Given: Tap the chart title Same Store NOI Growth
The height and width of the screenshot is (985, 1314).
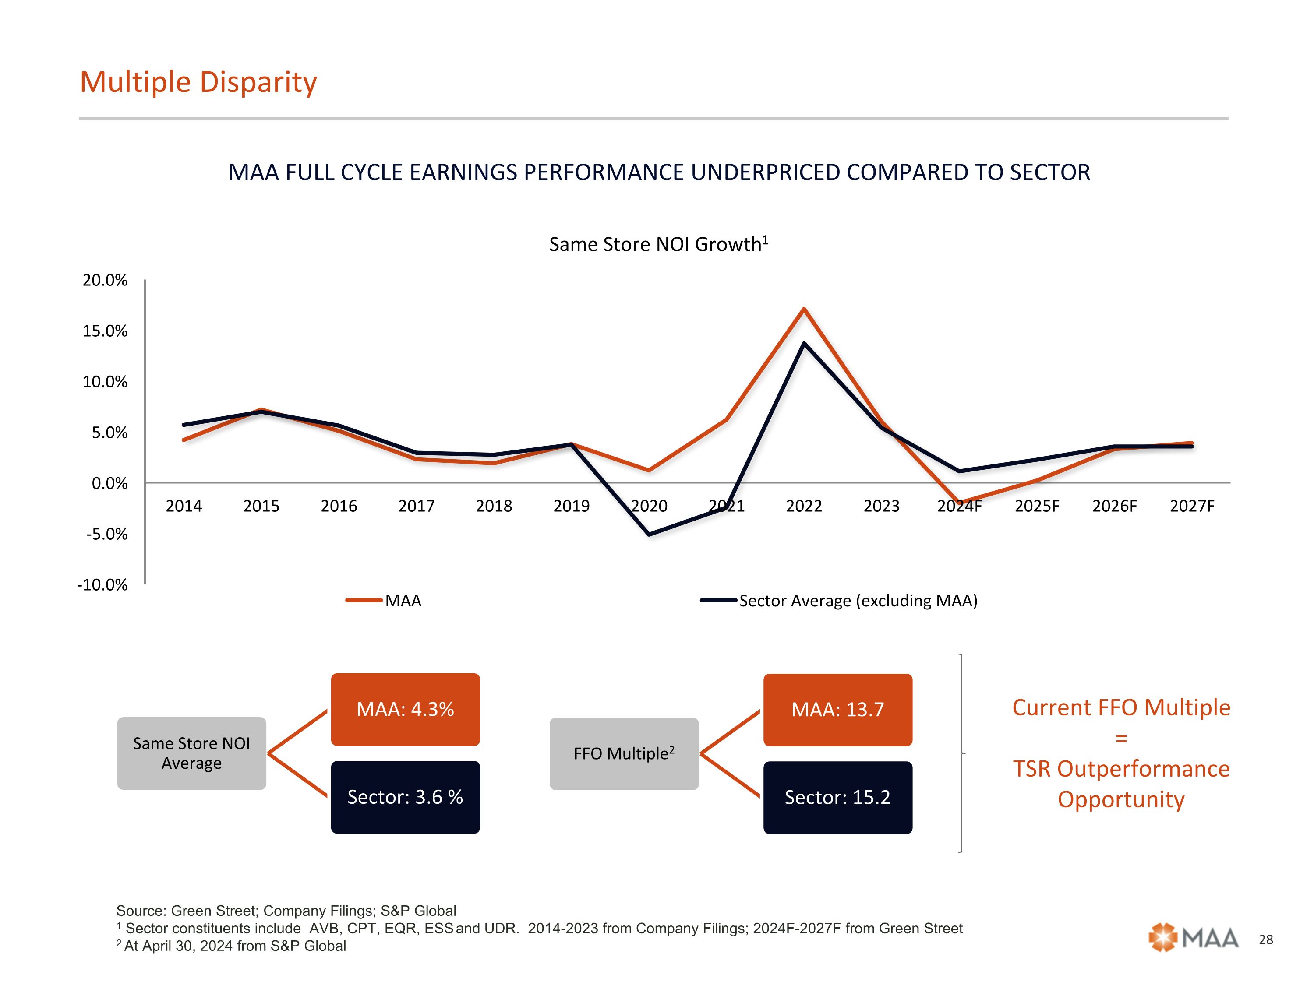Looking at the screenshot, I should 658,244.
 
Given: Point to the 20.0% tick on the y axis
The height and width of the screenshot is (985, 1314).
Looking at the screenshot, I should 105,280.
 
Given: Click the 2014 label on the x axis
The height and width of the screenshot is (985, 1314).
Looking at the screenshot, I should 184,506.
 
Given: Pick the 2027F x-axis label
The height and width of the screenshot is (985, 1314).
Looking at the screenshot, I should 1192,506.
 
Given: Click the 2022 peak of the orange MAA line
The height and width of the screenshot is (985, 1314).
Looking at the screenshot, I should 804,309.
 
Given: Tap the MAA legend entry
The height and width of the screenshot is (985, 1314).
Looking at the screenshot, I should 385,600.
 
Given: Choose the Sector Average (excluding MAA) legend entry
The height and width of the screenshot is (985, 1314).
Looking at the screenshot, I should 839,600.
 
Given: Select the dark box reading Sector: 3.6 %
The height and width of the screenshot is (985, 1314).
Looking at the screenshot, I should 405,797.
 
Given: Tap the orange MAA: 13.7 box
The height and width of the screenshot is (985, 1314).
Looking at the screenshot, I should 837,710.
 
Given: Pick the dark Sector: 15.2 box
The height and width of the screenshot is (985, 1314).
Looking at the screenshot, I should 837,797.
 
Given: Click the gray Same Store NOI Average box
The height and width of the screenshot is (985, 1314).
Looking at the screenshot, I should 191,753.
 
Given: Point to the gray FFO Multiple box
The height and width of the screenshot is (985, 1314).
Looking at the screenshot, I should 624,753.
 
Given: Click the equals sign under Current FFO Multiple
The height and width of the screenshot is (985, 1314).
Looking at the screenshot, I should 1121,739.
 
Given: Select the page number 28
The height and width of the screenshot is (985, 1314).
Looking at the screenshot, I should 1266,939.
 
